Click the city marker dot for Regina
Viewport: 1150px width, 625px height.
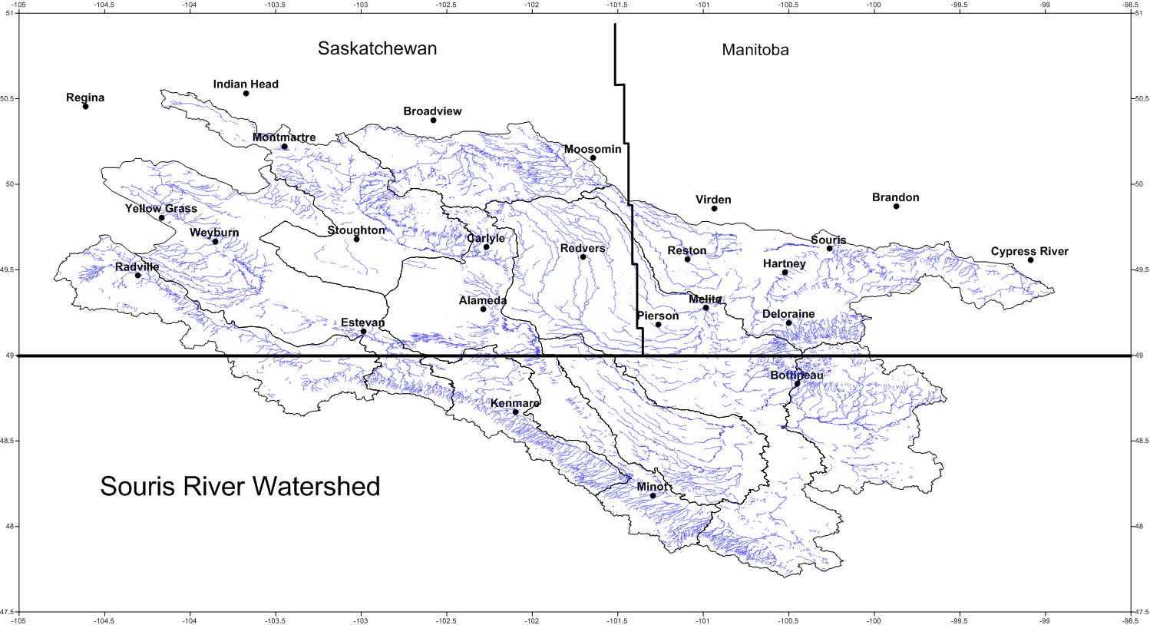85,107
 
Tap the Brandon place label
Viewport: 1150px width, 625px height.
895,197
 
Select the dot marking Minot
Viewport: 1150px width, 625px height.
653,496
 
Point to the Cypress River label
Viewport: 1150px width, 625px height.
1029,251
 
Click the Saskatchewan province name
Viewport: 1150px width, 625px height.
377,48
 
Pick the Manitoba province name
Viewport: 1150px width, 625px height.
755,50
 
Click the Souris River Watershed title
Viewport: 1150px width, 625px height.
240,486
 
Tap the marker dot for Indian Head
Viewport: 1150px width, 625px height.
246,94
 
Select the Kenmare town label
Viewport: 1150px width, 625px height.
514,403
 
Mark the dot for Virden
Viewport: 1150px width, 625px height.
714,209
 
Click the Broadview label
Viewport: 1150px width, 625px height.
432,111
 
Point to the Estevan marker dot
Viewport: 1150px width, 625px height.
363,332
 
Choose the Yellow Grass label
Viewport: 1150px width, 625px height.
160,208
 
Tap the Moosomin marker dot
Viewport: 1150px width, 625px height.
593,158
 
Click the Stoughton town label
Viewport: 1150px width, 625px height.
356,230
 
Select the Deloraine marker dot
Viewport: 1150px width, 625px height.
788,323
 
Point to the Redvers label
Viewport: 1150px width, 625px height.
582,248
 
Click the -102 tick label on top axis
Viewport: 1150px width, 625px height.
531,5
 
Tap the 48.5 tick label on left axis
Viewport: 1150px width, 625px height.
8,441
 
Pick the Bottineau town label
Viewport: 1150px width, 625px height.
796,375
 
